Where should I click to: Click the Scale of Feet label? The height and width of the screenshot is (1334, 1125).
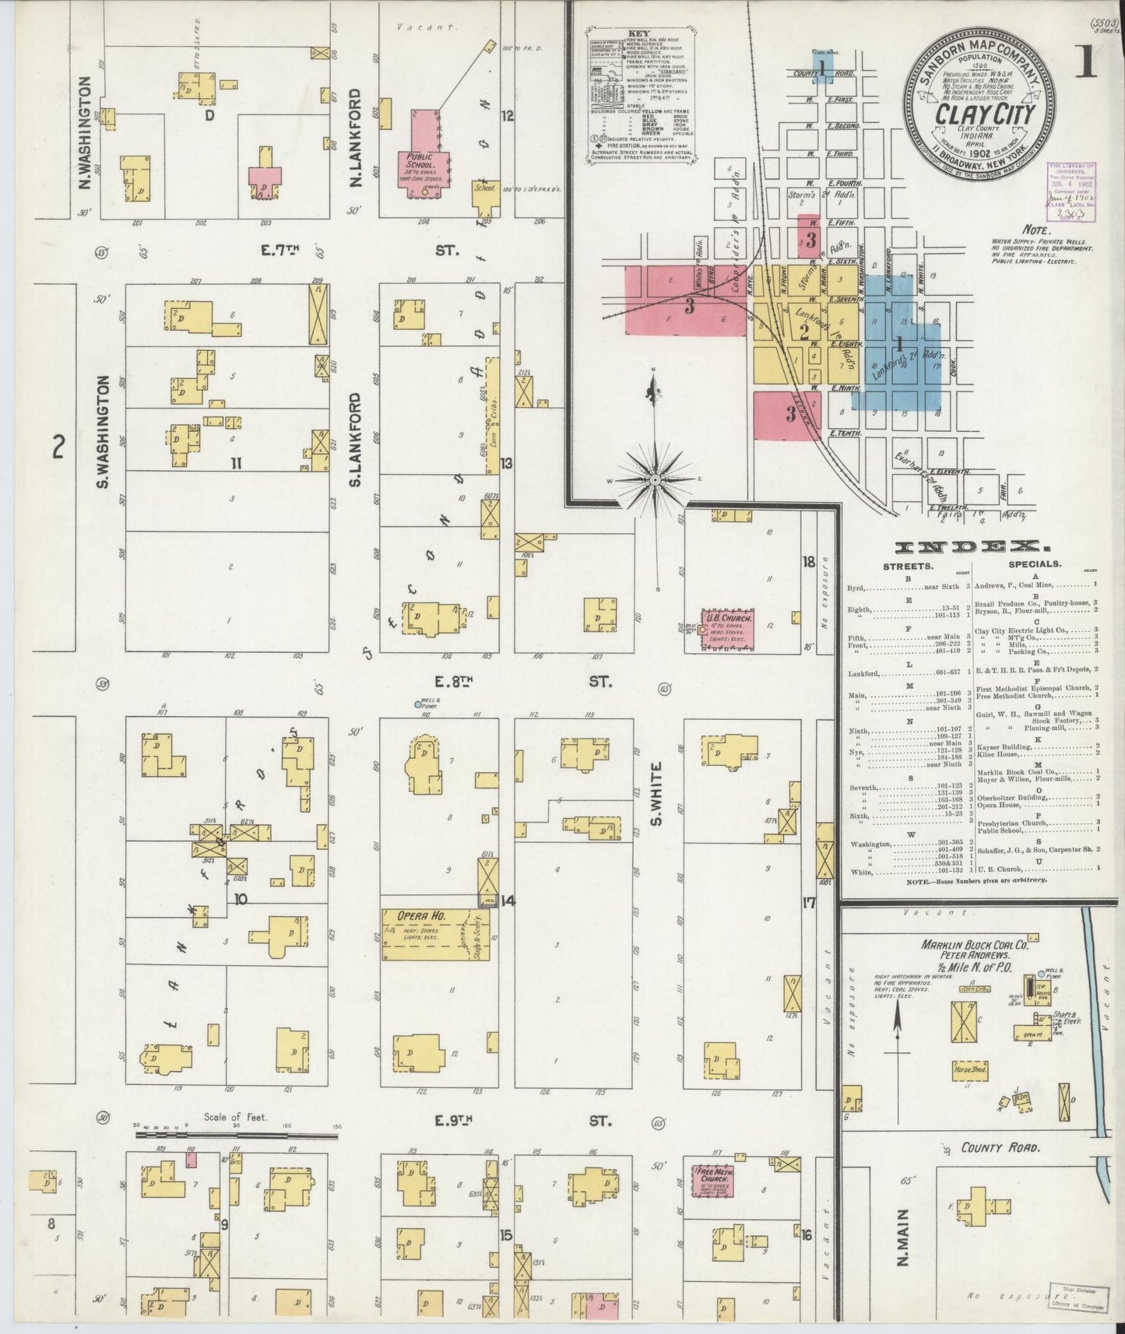click(x=235, y=1118)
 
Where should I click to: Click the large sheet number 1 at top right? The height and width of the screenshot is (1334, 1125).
click(x=1086, y=65)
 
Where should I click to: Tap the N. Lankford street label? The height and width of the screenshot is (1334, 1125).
click(x=356, y=137)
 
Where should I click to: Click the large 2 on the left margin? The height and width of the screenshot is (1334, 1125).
click(x=57, y=448)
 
